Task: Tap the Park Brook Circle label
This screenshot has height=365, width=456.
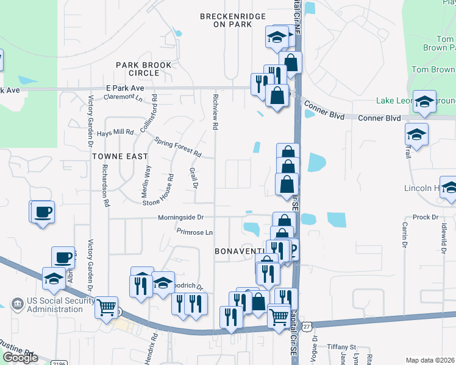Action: (x=138, y=69)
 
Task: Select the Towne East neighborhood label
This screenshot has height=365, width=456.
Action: (x=120, y=156)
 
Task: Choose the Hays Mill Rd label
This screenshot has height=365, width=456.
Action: (x=115, y=132)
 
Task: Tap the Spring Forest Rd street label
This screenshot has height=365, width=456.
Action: (x=177, y=146)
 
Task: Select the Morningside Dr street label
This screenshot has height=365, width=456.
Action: (x=180, y=217)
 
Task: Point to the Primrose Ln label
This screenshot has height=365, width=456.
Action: (x=194, y=232)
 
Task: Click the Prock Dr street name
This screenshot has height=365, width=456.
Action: (x=426, y=217)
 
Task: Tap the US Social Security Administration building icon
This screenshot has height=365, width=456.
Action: (x=16, y=303)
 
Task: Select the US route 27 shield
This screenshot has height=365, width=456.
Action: (x=307, y=327)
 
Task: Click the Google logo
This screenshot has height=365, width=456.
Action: (x=20, y=358)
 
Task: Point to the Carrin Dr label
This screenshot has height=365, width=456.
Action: (x=404, y=235)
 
